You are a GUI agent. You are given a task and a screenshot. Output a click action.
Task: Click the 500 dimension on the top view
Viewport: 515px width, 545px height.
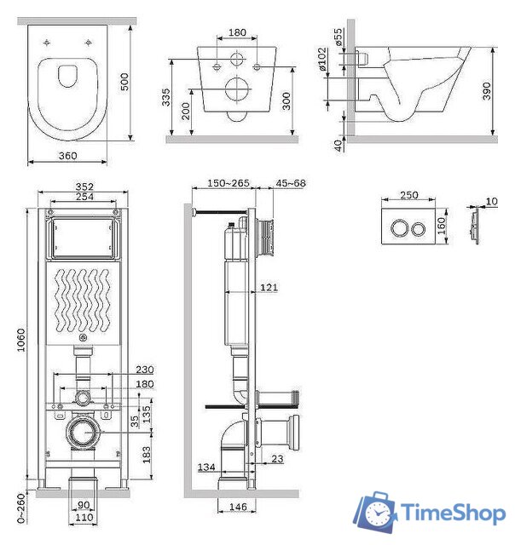[124, 82]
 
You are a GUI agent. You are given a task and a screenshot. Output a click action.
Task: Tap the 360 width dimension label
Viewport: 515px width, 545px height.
[68, 155]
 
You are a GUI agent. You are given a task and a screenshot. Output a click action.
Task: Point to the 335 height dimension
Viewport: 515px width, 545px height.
[166, 97]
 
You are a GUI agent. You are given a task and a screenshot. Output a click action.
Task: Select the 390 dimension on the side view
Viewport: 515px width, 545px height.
[487, 91]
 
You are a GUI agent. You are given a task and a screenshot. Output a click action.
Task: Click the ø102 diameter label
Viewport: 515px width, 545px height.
[322, 59]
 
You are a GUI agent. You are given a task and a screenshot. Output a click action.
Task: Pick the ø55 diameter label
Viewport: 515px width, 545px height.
[338, 37]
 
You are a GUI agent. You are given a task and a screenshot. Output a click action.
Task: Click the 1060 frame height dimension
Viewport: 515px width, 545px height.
[21, 340]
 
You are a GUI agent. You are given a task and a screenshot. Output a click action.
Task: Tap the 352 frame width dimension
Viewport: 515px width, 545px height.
[84, 186]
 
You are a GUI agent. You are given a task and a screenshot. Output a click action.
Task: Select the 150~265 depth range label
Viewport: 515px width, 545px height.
[229, 183]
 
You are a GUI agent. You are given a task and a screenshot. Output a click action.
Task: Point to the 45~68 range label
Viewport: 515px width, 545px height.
[291, 183]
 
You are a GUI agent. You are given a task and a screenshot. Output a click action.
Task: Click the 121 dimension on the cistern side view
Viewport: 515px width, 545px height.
[269, 287]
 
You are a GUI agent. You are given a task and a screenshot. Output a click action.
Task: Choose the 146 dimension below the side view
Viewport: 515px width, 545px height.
[238, 507]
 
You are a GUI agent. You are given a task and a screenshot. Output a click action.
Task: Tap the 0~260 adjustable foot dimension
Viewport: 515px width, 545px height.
[21, 508]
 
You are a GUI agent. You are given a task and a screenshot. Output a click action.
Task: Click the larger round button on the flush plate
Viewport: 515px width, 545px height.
[400, 228]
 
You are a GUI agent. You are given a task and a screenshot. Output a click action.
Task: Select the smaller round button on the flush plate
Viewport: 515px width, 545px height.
[418, 228]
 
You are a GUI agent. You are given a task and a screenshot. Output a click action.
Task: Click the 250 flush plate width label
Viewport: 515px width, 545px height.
[409, 195]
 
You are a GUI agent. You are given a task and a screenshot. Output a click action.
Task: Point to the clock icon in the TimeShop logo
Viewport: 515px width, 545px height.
[377, 513]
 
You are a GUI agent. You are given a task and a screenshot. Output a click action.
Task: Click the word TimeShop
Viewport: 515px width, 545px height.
[454, 513]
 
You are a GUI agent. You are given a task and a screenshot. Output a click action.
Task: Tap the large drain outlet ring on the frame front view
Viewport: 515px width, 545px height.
[84, 433]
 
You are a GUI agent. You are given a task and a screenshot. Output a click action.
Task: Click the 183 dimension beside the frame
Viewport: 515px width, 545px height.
[147, 455]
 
